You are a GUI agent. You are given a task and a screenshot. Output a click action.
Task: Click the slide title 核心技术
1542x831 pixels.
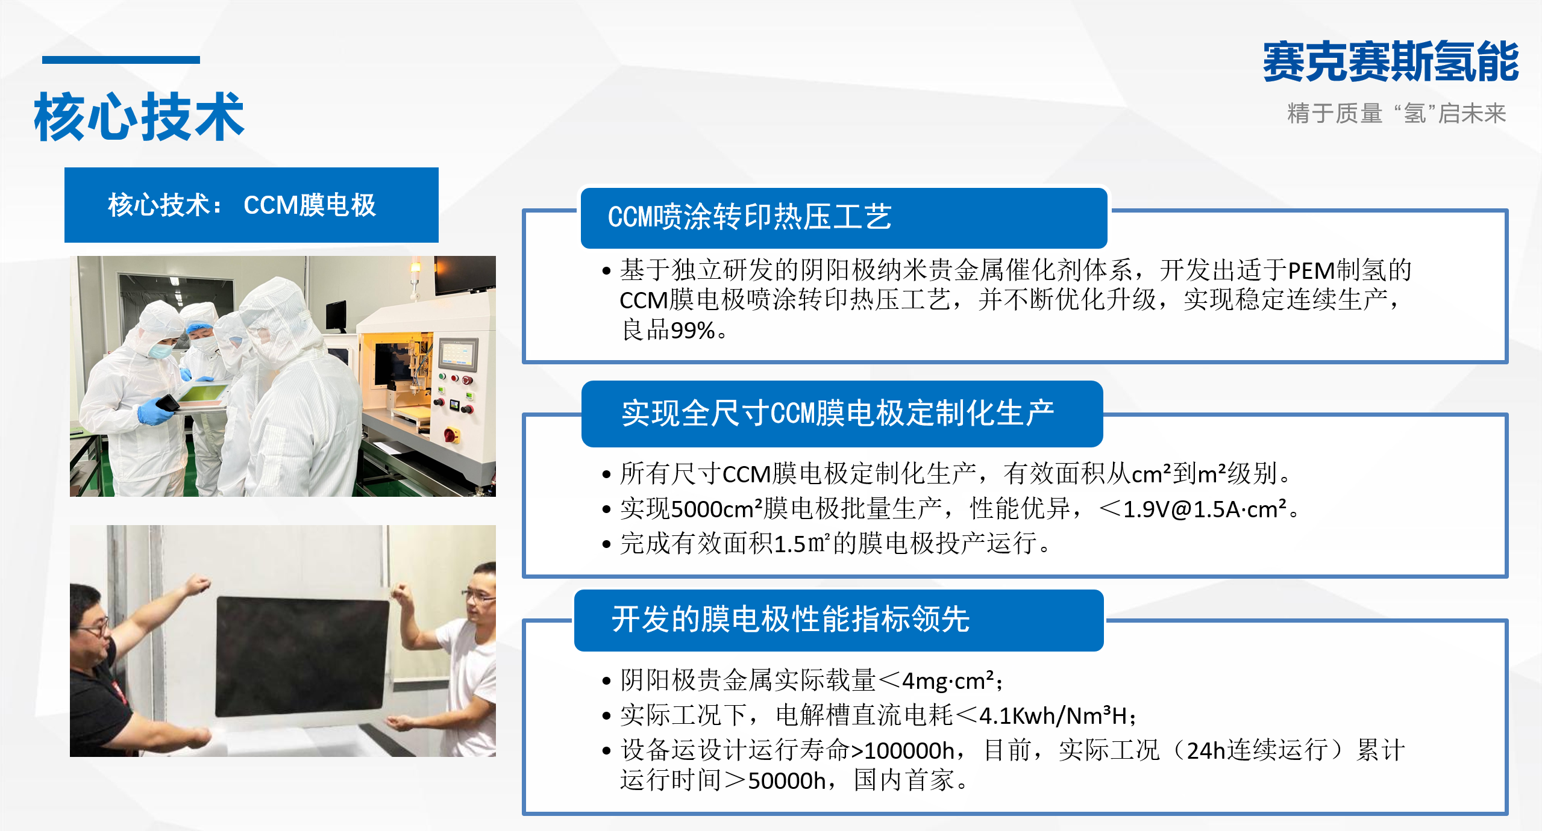pos(139,117)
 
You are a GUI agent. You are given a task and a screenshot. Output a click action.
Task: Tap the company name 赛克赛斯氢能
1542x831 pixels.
pos(1391,61)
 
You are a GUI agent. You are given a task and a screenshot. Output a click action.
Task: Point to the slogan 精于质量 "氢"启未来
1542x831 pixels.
pos(1396,113)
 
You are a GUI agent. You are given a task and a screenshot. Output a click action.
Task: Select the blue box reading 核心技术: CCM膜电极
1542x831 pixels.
pos(251,205)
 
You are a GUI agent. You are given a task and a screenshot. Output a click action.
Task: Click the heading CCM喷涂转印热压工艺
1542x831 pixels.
pos(750,217)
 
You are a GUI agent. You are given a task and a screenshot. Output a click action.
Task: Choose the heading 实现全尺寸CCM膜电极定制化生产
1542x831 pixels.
pos(838,414)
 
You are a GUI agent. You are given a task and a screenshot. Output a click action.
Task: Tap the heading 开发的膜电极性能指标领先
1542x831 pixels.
pos(791,619)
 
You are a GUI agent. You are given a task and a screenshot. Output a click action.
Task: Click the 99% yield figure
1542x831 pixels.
pos(692,331)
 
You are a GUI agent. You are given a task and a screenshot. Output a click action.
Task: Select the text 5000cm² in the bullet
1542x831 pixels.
pos(716,509)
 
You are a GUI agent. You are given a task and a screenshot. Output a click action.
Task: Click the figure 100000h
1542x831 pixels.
pos(909,751)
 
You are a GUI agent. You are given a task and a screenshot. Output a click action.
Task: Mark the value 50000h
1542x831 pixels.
pos(787,781)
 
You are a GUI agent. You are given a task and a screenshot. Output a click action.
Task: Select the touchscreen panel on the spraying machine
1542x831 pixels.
pos(458,353)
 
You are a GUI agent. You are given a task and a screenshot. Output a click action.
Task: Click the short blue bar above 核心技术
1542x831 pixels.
pos(121,60)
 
